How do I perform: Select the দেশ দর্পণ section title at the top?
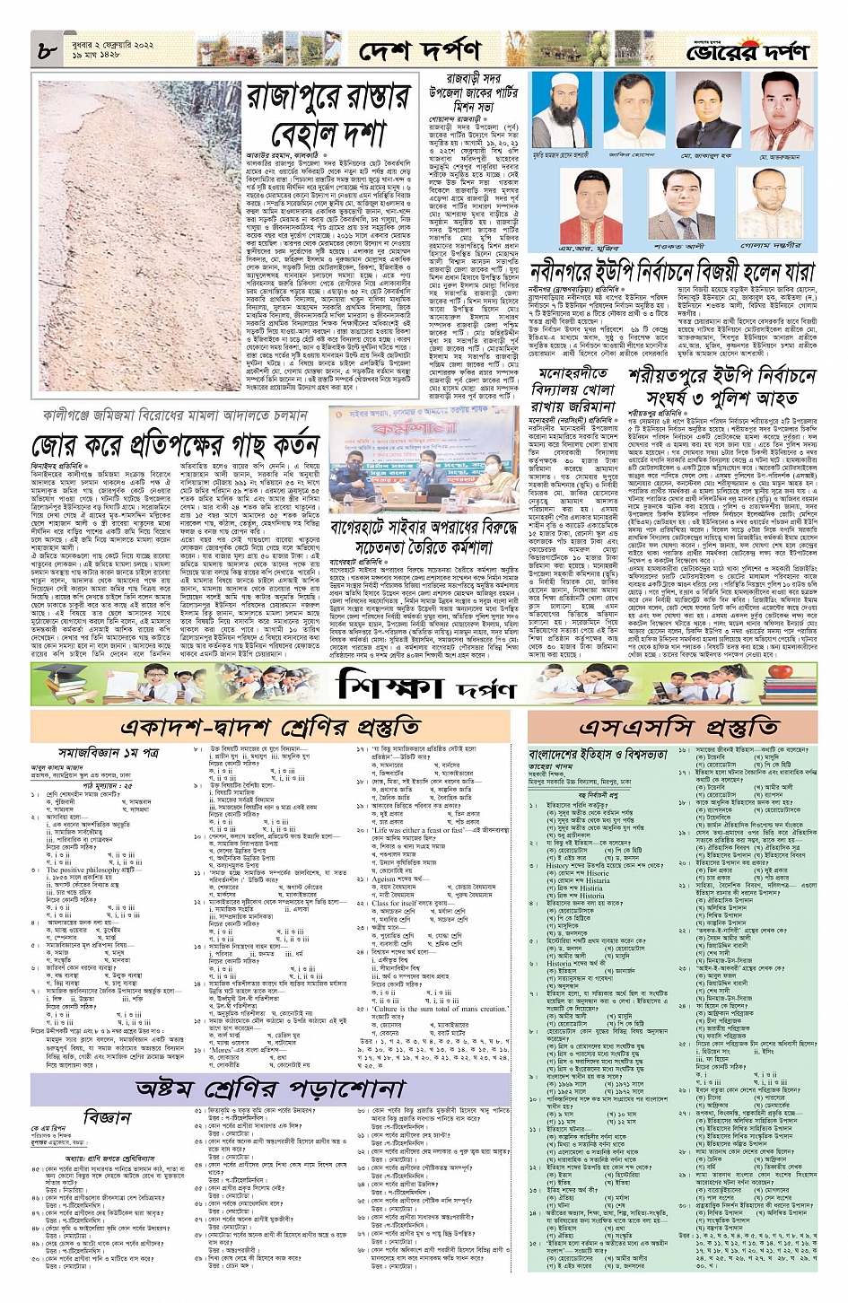[x=418, y=52]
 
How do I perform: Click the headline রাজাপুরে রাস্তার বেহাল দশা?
[x=328, y=115]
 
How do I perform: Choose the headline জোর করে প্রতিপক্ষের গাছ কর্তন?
[x=175, y=446]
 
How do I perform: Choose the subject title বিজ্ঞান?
[x=108, y=1116]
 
